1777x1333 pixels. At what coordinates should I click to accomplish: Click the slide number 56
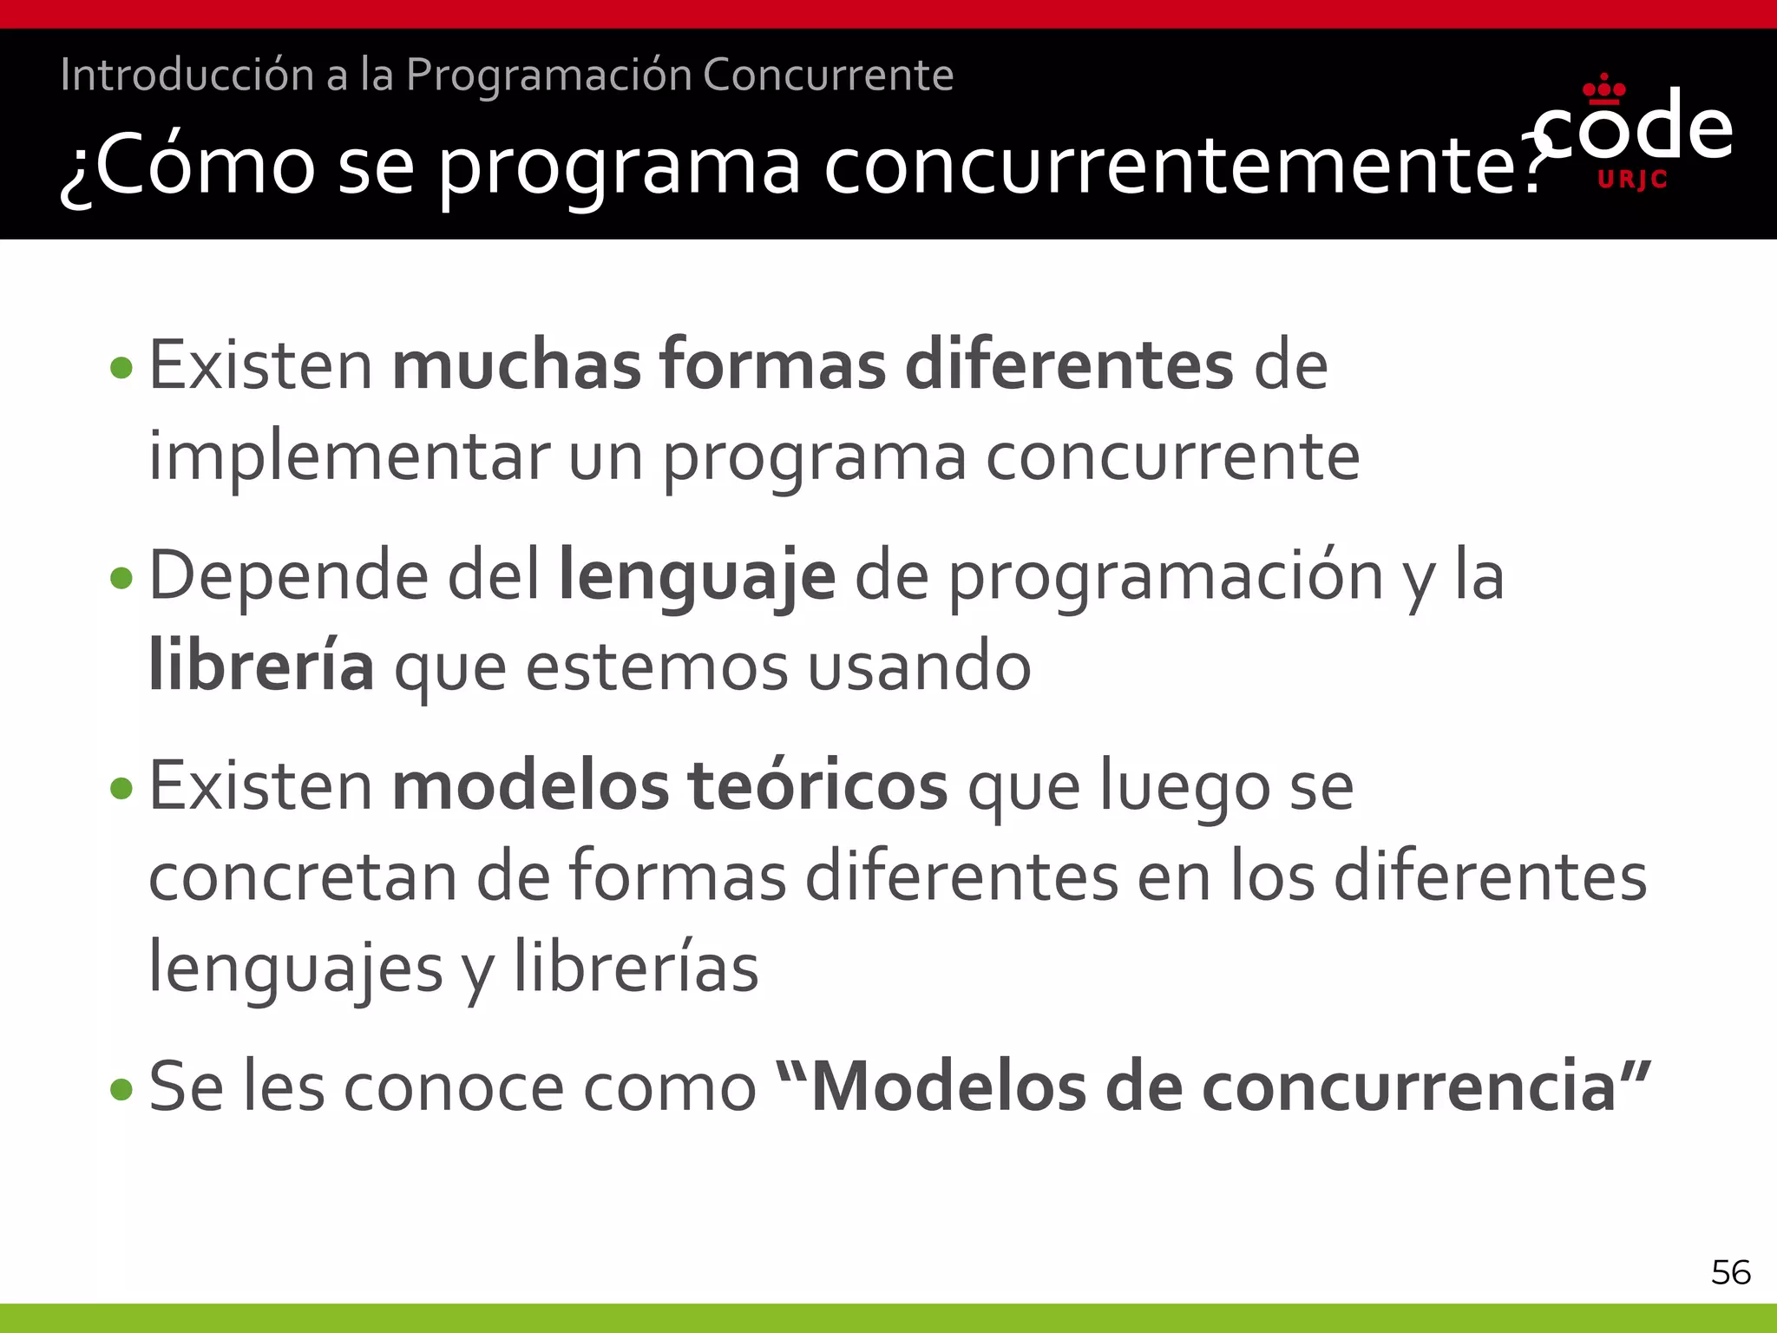tap(1730, 1272)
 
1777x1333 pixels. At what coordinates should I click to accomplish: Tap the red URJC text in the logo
tap(1632, 180)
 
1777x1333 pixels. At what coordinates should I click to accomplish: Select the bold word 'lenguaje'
tap(697, 577)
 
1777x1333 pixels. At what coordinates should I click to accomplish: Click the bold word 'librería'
tap(261, 666)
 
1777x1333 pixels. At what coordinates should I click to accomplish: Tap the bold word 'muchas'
tap(516, 365)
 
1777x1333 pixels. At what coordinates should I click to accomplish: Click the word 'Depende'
tap(289, 577)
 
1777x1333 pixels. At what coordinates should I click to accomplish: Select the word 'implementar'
tap(349, 456)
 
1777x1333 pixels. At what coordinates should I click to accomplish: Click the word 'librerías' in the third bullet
tap(636, 968)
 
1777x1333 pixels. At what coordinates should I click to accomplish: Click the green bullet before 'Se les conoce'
tap(121, 1088)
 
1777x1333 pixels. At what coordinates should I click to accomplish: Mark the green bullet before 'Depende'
tap(121, 577)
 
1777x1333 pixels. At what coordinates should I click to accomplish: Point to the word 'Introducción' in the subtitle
tap(187, 75)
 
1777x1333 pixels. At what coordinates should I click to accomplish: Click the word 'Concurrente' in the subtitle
tap(828, 75)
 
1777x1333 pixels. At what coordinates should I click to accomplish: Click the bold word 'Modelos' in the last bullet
tap(948, 1087)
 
